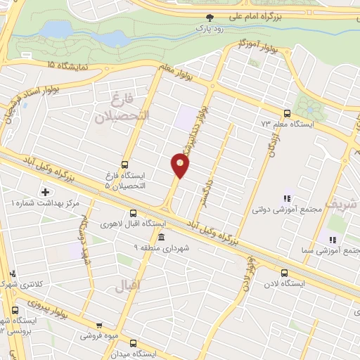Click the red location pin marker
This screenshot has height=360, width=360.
click(180, 165)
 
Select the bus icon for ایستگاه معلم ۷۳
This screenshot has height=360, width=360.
click(286, 113)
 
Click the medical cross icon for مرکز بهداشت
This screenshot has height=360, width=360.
click(46, 191)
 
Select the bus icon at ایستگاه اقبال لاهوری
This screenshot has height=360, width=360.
click(134, 214)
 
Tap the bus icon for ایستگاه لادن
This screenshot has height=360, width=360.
click(284, 274)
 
